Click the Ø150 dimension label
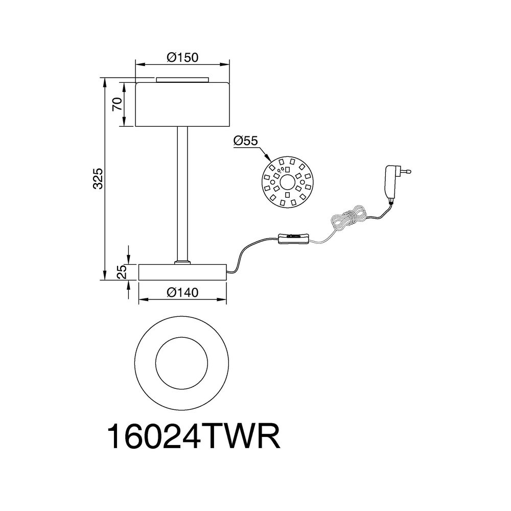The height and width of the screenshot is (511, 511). [x=182, y=57]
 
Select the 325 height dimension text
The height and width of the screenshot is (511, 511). [x=98, y=178]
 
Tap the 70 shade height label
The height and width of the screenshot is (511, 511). [x=117, y=104]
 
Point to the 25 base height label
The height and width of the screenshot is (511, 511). [x=121, y=271]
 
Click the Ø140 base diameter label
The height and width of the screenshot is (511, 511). [x=182, y=292]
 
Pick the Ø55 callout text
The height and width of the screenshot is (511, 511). [x=245, y=141]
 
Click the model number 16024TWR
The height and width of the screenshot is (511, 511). [x=194, y=437]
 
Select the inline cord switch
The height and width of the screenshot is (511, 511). [x=293, y=239]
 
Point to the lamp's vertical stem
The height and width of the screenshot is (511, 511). [x=182, y=193]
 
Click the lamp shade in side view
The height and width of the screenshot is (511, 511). [x=182, y=104]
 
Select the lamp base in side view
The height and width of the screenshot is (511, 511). [x=182, y=272]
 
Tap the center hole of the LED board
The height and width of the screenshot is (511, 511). [x=287, y=182]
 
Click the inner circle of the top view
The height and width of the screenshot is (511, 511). [x=181, y=363]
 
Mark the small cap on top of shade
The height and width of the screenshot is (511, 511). [x=182, y=80]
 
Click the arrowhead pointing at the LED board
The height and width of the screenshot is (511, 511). [x=268, y=158]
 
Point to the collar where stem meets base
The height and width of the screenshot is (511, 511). [x=182, y=262]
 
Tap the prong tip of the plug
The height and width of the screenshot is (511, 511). [x=409, y=171]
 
